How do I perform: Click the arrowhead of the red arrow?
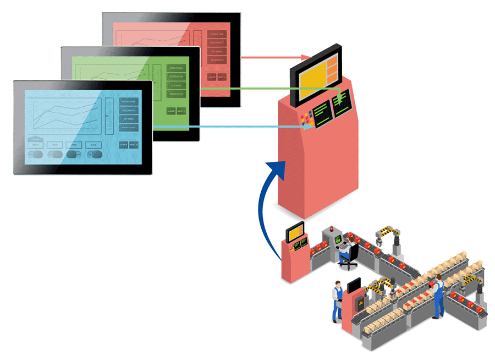point(307,57)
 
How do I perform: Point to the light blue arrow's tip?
point(312,127)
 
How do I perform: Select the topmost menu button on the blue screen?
point(129,102)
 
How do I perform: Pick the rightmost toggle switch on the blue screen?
point(94,155)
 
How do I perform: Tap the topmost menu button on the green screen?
point(176,68)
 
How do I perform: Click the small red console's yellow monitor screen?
point(294,232)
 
